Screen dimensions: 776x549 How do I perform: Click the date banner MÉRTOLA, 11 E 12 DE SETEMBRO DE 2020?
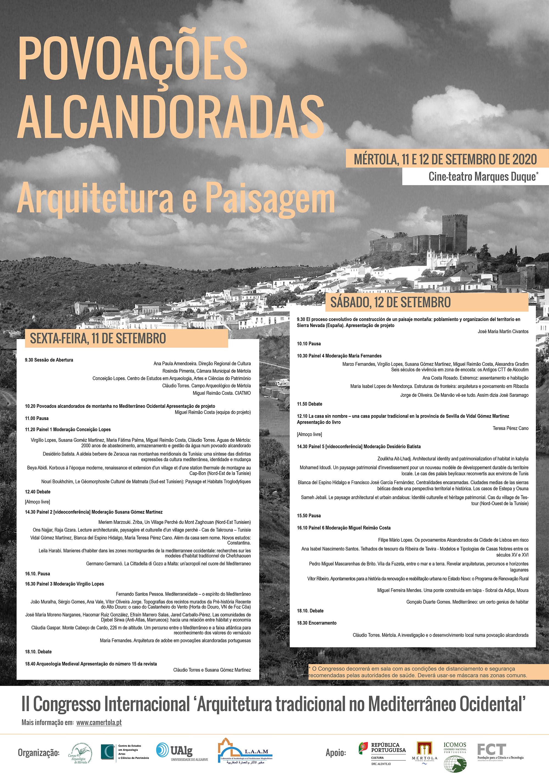(x=445, y=159)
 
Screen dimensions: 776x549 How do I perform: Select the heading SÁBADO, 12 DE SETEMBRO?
(x=390, y=302)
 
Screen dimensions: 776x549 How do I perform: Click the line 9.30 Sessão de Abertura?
(x=49, y=360)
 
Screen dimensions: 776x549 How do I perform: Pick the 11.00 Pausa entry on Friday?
(x=37, y=418)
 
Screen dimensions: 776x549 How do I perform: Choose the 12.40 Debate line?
(x=38, y=492)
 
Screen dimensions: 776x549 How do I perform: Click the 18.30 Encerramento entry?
(x=317, y=623)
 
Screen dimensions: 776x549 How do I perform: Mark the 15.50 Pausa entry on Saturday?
(x=309, y=515)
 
